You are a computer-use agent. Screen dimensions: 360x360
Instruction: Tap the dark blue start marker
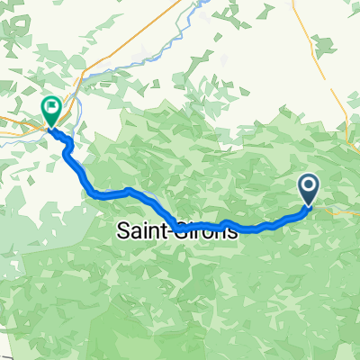coord(308,189)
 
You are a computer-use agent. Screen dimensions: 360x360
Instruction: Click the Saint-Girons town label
coord(178,230)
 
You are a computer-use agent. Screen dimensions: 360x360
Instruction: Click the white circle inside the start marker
coord(308,186)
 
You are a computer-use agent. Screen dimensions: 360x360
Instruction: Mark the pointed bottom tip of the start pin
coord(308,206)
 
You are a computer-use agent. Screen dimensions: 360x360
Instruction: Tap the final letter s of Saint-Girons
coord(233,232)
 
